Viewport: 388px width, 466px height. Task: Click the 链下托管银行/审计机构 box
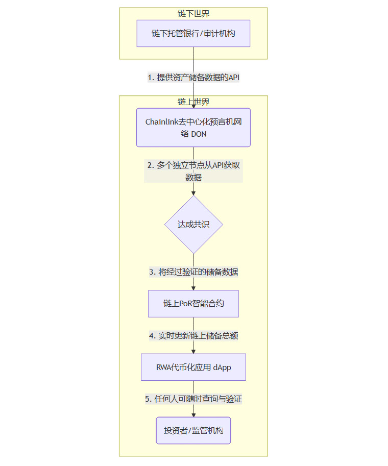pos(193,33)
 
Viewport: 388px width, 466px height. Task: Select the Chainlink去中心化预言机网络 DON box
pos(193,127)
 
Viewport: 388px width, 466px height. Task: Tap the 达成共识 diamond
pos(193,225)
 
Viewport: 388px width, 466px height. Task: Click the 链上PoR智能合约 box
pos(193,304)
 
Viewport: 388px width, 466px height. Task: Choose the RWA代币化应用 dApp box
pos(193,367)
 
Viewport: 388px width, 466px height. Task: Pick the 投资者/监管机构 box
pos(193,430)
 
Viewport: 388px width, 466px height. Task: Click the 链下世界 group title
pos(193,14)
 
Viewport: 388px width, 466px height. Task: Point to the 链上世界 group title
pos(193,102)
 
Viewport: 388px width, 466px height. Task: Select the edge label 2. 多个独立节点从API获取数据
pos(193,171)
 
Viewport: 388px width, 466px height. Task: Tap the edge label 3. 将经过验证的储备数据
pos(193,272)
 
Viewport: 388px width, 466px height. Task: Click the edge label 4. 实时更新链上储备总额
pos(193,335)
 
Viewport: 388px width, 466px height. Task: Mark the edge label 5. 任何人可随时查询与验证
pos(193,399)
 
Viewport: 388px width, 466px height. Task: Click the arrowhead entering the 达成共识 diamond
pos(193,193)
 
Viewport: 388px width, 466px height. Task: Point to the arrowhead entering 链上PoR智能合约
pos(193,288)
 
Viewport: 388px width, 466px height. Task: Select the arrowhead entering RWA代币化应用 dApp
pos(193,351)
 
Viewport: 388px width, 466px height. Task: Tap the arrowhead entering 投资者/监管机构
pos(193,414)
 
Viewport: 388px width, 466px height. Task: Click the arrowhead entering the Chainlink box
pos(193,106)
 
